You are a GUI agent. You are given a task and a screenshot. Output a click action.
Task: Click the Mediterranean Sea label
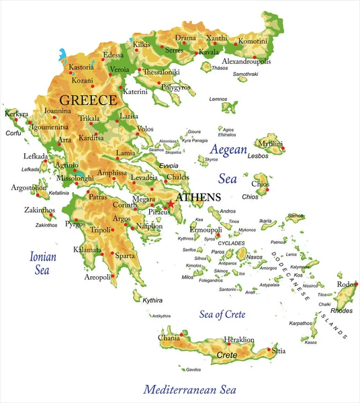pos(191,389)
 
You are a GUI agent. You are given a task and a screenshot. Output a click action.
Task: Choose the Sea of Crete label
pos(222,314)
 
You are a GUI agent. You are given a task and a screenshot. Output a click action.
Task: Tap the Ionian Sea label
pos(42,263)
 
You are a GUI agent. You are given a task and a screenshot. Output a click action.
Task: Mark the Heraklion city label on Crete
pos(239,340)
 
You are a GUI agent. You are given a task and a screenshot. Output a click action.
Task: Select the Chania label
pos(169,337)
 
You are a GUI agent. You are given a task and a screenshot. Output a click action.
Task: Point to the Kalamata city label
pos(87,250)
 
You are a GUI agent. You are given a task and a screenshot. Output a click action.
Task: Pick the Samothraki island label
pos(245,74)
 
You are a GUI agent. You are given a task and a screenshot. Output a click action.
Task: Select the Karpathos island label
pos(301,323)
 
